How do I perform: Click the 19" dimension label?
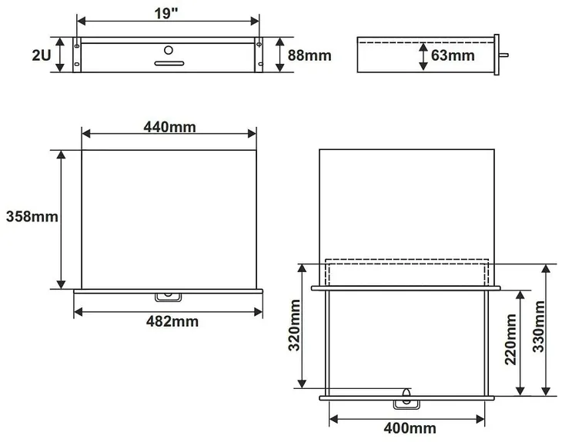point(166,13)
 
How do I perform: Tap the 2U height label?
point(42,55)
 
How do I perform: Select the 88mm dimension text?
point(309,55)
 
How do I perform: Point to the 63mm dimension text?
point(453,55)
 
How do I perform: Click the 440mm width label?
point(169,127)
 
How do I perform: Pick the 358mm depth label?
point(32,217)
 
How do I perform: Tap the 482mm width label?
point(172,321)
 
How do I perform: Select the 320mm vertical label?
point(295,325)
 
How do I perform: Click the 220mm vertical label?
point(510,340)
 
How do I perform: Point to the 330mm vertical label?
point(539,327)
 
